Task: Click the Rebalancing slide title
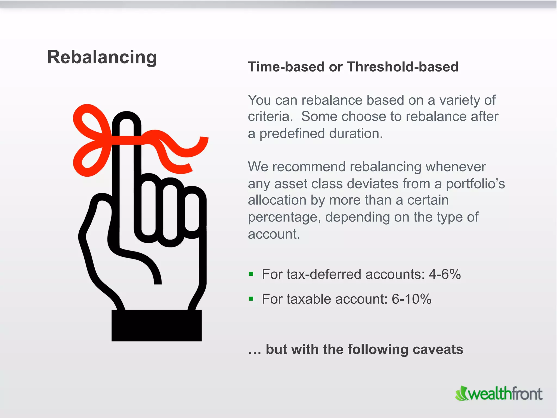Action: (x=102, y=57)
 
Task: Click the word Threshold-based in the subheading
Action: (x=403, y=67)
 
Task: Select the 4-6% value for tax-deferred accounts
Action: (x=445, y=274)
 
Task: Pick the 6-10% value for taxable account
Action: (x=411, y=299)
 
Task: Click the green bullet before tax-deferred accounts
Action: (x=251, y=274)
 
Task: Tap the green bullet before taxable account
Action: (x=251, y=299)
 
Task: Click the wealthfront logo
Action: (x=499, y=394)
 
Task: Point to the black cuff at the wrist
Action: (x=157, y=325)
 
